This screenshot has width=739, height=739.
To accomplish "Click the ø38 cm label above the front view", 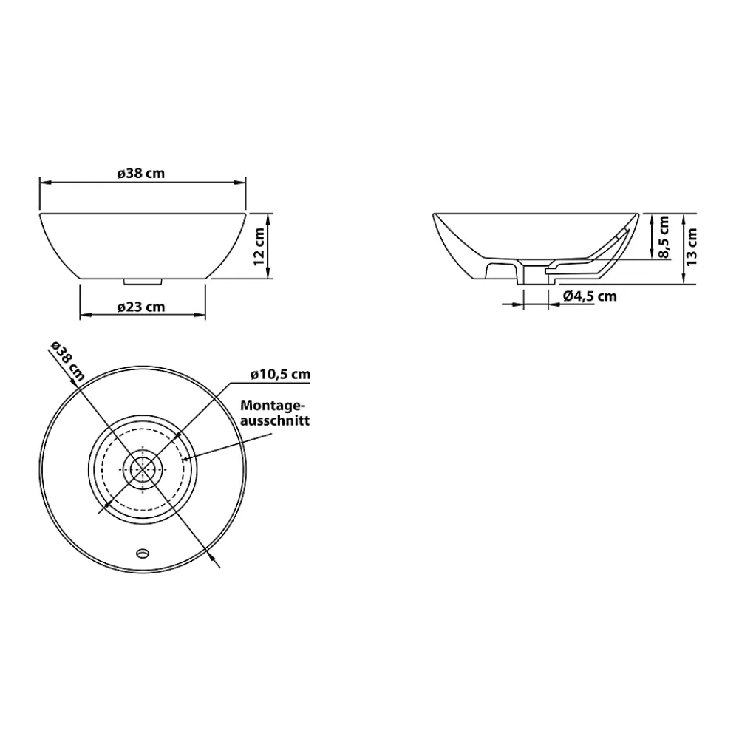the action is coord(141,174).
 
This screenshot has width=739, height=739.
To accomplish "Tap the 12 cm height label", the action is coord(259,246).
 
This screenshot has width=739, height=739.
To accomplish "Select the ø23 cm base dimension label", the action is coord(141,307).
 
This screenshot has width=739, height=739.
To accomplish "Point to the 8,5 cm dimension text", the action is coord(664,237).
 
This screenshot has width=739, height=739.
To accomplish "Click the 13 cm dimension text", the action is coord(692,247).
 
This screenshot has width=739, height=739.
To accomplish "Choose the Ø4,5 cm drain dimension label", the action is coord(590,296).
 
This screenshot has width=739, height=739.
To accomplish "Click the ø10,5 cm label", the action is coord(280,374).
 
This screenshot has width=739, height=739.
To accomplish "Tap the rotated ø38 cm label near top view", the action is coord(67,361).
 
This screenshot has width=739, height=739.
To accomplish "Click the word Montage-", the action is coord(273,405).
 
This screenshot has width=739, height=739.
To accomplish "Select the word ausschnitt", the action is coord(275,420).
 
